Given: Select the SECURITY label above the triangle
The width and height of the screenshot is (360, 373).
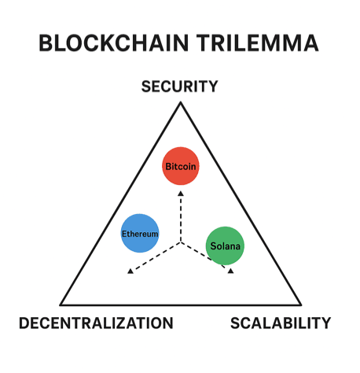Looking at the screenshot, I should (x=179, y=87).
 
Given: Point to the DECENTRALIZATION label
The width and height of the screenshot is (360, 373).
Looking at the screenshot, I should (x=95, y=323).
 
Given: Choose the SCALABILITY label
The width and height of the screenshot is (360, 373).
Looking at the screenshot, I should (x=280, y=323).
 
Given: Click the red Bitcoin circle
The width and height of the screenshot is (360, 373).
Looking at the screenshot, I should (x=181, y=166).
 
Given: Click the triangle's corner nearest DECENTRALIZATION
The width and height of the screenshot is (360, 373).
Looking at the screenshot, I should (x=61, y=305).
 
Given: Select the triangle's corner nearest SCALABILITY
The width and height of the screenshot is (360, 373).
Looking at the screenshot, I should (x=300, y=305).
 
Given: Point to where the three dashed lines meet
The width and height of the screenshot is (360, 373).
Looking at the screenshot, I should (x=181, y=242).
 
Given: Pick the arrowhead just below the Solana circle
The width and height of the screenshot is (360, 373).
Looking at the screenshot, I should (x=230, y=270).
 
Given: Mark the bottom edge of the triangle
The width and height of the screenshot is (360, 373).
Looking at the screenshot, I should (x=181, y=305).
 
